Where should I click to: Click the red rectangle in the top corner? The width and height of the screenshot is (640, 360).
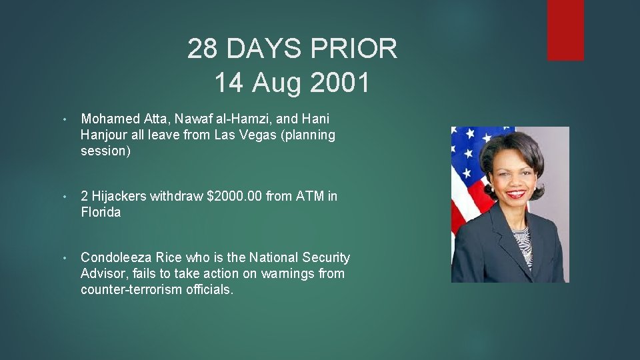tap(565, 30)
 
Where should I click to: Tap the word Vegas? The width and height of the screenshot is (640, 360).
tap(260, 135)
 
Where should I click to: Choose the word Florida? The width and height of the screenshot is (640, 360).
tap(101, 213)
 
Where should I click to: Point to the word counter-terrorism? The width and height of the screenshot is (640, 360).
tap(128, 290)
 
